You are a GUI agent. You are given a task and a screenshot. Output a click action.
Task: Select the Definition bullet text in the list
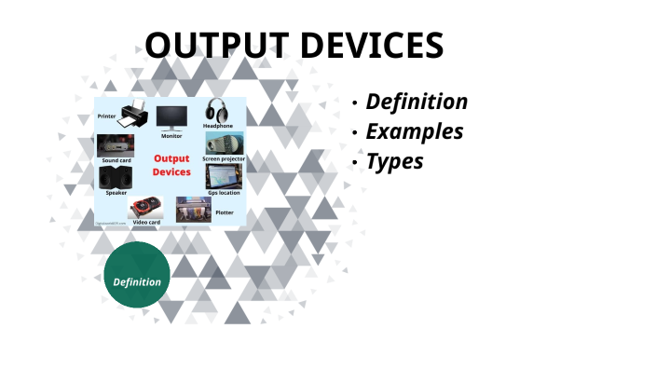(x=416, y=102)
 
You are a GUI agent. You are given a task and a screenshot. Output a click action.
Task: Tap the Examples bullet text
(x=414, y=131)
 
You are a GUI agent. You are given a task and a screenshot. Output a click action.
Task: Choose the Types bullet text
(x=394, y=161)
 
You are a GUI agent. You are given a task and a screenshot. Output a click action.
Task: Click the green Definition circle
(x=137, y=281)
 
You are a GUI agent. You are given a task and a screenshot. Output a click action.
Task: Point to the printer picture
(x=131, y=113)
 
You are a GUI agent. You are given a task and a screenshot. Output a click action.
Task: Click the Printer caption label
(x=107, y=116)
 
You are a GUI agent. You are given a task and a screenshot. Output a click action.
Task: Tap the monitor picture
(x=171, y=117)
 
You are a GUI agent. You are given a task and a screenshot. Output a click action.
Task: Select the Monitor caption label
(x=171, y=136)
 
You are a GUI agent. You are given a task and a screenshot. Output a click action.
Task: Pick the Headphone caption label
(x=218, y=126)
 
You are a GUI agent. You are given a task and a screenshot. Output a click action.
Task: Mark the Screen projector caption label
(x=224, y=159)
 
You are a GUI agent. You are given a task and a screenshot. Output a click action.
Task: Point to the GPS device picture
(x=224, y=176)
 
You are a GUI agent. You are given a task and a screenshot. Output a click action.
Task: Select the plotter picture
(x=194, y=208)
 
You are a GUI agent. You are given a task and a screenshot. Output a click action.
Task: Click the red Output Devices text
(x=171, y=166)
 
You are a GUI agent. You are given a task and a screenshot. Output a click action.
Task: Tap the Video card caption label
(x=146, y=223)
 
